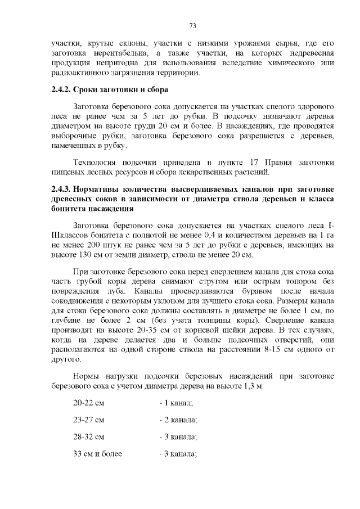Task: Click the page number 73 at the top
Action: pyautogui.click(x=192, y=26)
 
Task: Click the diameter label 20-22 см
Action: pyautogui.click(x=89, y=404)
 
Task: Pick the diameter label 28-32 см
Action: pyautogui.click(x=89, y=436)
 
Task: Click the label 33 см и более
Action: pyautogui.click(x=98, y=453)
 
